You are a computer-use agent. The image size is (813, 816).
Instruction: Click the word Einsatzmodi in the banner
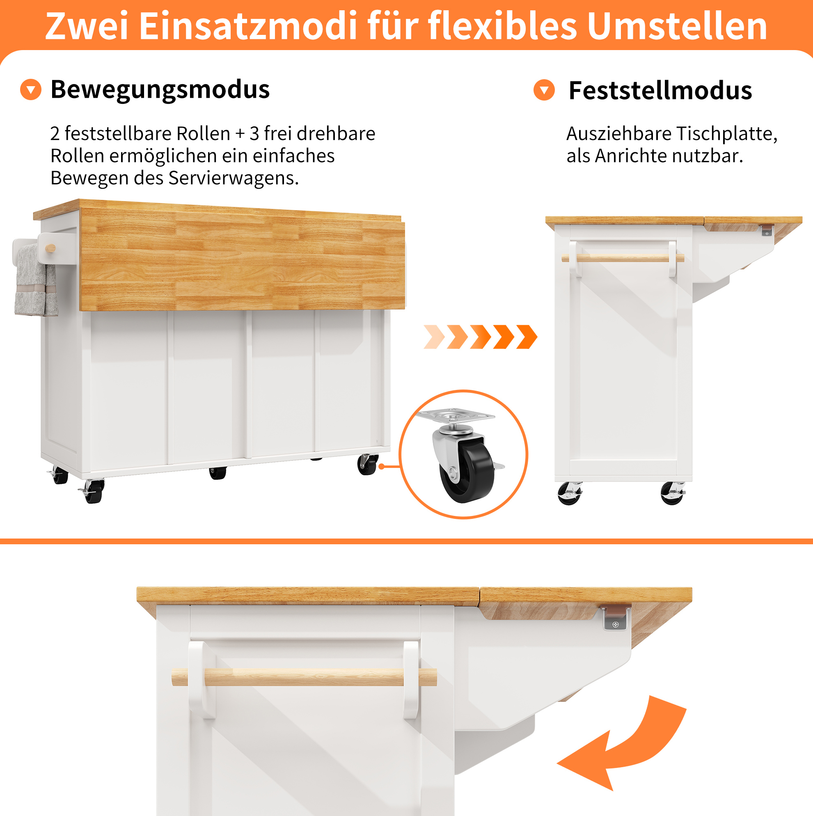point(248,26)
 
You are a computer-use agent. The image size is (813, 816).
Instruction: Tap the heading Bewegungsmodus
point(160,89)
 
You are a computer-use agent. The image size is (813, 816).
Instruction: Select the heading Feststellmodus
point(660,90)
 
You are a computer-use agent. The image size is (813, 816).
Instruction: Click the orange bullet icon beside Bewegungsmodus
point(31,89)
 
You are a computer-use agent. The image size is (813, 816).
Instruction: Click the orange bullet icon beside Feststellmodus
point(544,90)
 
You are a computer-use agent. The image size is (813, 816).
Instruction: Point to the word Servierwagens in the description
point(233,178)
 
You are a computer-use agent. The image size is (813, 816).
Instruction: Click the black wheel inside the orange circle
point(467,470)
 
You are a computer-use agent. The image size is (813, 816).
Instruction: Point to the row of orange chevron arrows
point(480,337)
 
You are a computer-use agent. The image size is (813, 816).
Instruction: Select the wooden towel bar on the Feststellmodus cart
point(623,258)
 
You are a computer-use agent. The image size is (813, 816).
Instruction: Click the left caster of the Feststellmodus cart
point(570,493)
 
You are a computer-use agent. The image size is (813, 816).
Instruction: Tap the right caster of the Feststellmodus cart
point(673,493)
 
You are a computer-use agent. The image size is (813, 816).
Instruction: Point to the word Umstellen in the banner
point(677,26)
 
